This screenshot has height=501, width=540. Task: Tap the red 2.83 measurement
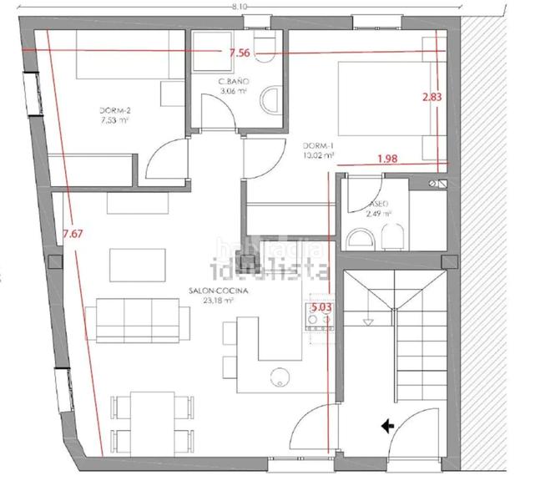tap(431, 97)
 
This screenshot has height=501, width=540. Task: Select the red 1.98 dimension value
tap(387, 159)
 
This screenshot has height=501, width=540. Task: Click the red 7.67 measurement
tap(73, 234)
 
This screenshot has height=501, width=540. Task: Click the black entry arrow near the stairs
tap(387, 426)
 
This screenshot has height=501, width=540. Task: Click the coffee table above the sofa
tap(134, 264)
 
